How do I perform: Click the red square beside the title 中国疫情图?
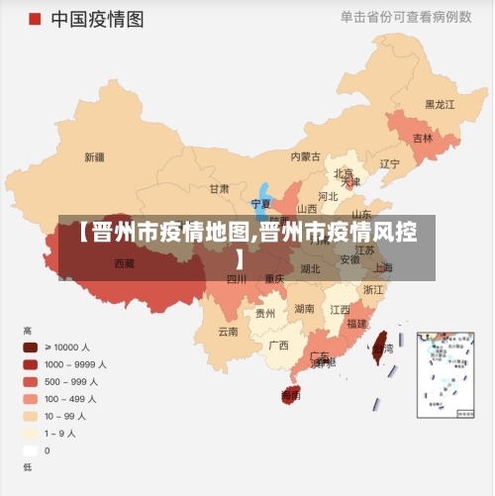click(x=35, y=19)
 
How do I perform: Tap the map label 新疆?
click(x=95, y=156)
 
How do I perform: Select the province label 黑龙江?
click(x=440, y=104)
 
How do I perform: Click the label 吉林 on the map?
click(x=423, y=138)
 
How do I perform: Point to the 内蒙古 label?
click(x=305, y=156)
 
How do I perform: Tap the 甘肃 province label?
click(x=219, y=188)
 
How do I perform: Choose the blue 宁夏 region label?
click(x=260, y=203)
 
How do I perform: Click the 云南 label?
click(x=228, y=332)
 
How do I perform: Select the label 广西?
click(x=278, y=346)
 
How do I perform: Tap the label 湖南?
click(x=304, y=309)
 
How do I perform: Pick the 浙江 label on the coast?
click(x=373, y=290)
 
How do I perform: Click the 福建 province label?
click(x=356, y=324)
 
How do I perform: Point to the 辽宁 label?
click(x=390, y=163)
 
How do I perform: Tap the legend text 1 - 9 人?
click(x=65, y=433)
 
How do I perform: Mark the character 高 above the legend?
click(x=28, y=330)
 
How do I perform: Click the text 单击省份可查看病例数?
click(x=406, y=17)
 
